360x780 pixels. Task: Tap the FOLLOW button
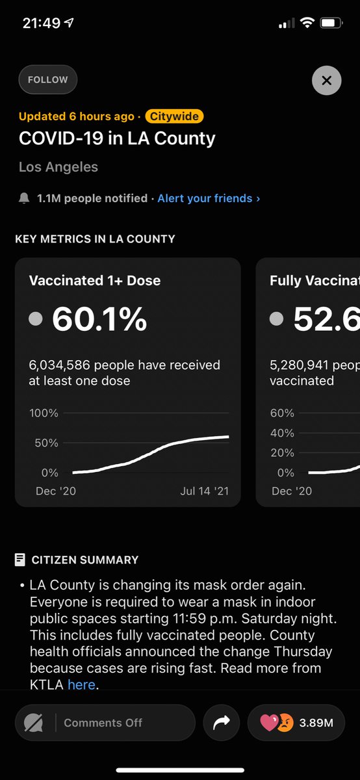[47, 80]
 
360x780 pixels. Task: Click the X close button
[326, 81]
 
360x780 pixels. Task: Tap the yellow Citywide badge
[174, 117]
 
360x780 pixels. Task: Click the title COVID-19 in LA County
[117, 138]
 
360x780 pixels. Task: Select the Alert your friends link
[209, 198]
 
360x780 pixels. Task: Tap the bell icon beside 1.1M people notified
[24, 198]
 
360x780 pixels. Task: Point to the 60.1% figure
[99, 318]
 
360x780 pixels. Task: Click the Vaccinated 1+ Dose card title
[95, 281]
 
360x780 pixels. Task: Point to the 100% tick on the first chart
[44, 413]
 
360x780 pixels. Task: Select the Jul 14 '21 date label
[204, 491]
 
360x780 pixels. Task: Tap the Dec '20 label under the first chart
[55, 491]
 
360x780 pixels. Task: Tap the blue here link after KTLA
[81, 684]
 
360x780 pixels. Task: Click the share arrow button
[221, 723]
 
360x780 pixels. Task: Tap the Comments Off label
[103, 723]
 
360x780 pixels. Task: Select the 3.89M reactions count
[316, 723]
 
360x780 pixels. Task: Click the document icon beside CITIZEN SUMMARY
[20, 560]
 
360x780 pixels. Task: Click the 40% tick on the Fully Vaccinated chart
[282, 433]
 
